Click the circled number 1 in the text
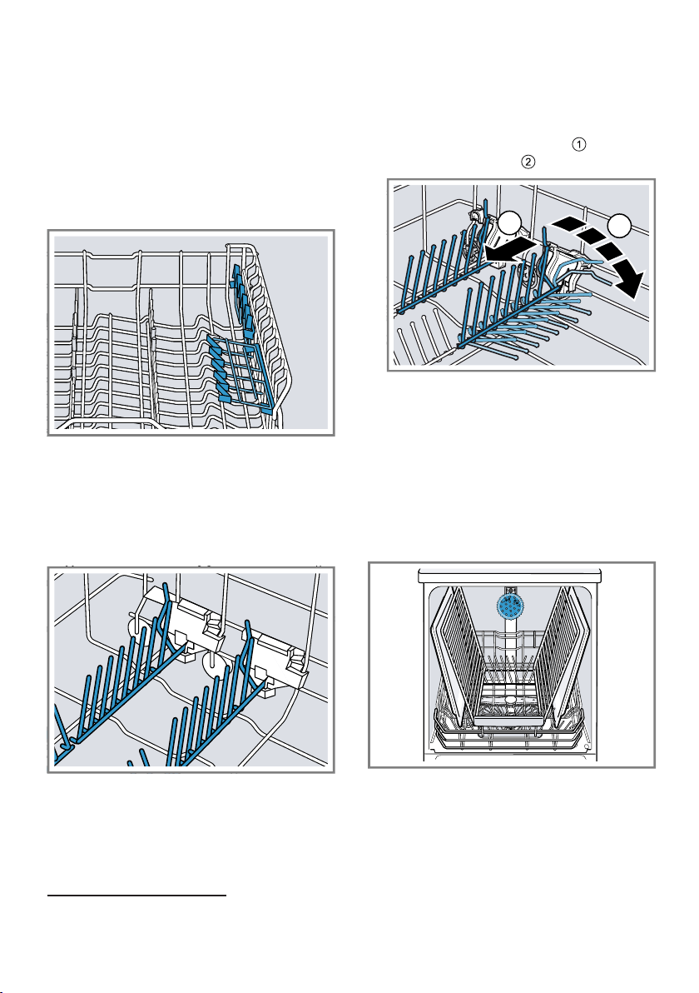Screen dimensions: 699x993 [x=579, y=144]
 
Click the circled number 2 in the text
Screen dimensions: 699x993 [x=528, y=162]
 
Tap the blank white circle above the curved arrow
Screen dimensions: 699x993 [x=620, y=227]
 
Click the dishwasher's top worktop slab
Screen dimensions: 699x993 [x=510, y=575]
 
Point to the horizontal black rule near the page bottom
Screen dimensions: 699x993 [x=137, y=896]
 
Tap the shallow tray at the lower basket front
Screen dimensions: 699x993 [x=510, y=720]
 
